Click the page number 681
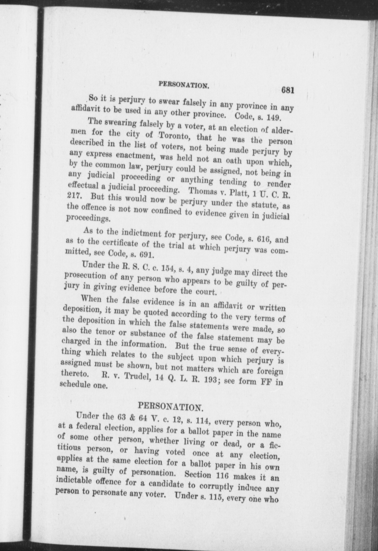(x=287, y=90)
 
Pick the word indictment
(x=141, y=233)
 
